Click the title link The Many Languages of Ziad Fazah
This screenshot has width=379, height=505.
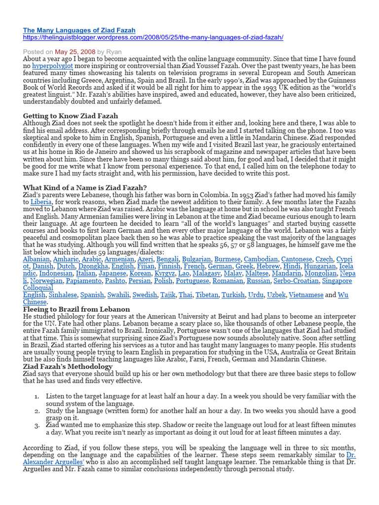point(79,31)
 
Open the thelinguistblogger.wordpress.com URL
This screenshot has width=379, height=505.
point(153,38)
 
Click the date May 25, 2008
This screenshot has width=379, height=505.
point(75,51)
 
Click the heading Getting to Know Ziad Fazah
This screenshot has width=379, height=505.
point(71,116)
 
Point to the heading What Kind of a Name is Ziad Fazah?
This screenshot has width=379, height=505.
point(85,187)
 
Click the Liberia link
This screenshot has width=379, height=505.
point(40,202)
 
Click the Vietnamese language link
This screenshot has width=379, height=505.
point(303,295)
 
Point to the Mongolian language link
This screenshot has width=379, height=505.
point(321,273)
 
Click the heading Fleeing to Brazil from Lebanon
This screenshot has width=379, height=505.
point(76,309)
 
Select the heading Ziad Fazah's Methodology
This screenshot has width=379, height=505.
point(68,366)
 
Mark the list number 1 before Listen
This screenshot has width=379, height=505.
point(38,396)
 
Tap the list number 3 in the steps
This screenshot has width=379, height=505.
point(38,425)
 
